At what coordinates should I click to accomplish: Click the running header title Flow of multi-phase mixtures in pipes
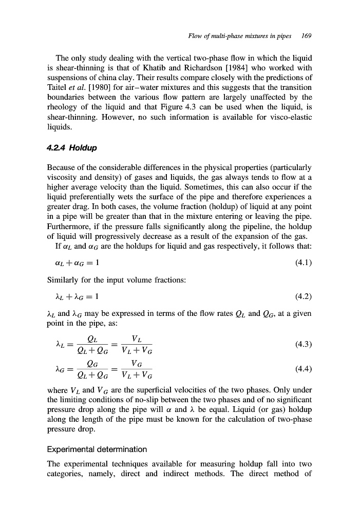(x=240, y=36)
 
